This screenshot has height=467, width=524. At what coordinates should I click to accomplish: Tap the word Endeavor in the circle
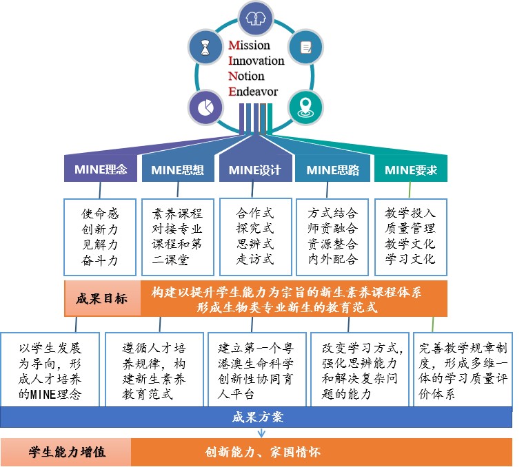coord(253,91)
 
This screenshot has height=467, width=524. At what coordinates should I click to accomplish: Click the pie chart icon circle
coord(205,108)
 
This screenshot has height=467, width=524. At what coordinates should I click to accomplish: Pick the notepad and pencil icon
coord(305,47)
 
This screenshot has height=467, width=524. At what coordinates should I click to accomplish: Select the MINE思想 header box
coord(177,170)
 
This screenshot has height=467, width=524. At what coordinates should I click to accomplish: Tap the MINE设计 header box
coord(254,170)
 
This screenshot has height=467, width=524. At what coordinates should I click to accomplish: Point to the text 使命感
coord(101,214)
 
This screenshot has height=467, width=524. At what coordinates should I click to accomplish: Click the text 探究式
coord(254,229)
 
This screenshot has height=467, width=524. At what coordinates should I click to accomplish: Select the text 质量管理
coord(410,229)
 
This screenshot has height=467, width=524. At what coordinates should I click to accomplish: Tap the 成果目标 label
coord(101,299)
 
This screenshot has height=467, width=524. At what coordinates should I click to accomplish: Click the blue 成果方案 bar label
coord(256,417)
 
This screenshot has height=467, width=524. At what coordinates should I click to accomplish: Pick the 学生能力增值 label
coord(66,453)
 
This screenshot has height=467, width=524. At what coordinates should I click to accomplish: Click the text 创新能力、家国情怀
coord(263,453)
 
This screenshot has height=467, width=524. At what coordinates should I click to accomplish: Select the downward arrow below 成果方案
coord(261,433)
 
